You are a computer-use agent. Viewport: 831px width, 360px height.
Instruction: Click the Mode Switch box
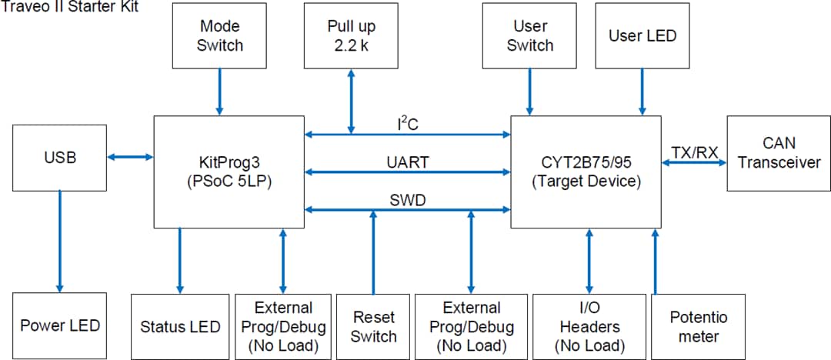(x=219, y=35)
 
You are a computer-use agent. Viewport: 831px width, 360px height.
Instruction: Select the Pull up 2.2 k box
(x=352, y=35)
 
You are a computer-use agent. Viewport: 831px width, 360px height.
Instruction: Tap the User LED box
(x=642, y=35)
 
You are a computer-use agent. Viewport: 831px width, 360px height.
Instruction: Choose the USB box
(x=60, y=158)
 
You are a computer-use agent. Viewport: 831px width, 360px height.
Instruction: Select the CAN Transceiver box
(x=778, y=153)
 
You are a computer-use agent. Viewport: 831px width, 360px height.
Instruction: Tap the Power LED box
(x=60, y=325)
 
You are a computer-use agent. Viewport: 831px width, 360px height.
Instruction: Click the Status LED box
(x=180, y=326)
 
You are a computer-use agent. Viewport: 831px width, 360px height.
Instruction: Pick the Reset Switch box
(x=373, y=326)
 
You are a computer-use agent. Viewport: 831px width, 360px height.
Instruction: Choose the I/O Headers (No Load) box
(x=589, y=326)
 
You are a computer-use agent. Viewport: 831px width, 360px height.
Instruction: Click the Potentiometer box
(x=698, y=326)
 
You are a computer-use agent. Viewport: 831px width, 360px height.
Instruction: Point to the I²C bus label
(x=408, y=124)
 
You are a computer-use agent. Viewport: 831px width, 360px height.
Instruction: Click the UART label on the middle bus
(x=408, y=162)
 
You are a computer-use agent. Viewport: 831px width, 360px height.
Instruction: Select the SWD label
(x=408, y=200)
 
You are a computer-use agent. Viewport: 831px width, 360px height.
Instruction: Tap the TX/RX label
(x=694, y=153)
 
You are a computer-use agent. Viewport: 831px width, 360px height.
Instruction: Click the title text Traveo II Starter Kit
(x=69, y=8)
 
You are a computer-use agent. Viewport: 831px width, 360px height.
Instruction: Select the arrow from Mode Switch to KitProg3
(x=219, y=92)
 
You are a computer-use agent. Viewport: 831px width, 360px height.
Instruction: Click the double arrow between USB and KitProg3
(x=130, y=157)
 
